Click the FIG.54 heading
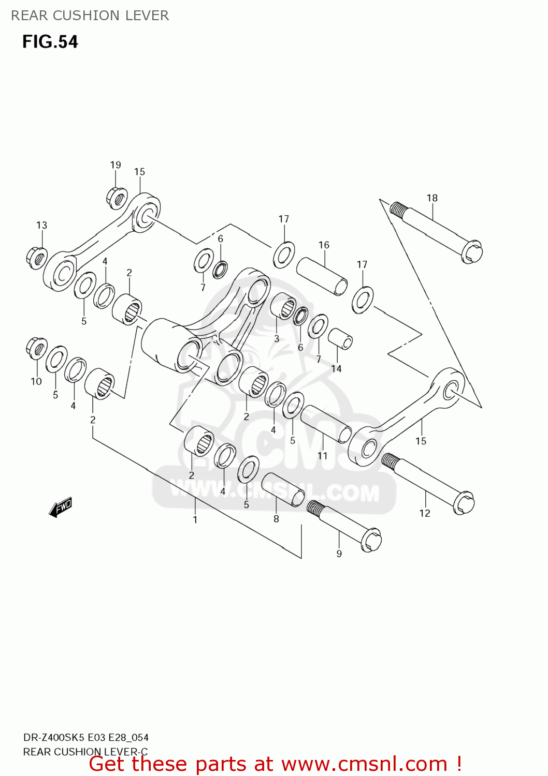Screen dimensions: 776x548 pyautogui.click(x=50, y=42)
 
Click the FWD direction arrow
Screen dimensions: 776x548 pyautogui.click(x=61, y=507)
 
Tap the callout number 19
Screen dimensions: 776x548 pyautogui.click(x=115, y=165)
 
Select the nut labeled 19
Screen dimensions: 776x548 pyautogui.click(x=117, y=198)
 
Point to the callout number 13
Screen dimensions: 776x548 pyautogui.click(x=41, y=225)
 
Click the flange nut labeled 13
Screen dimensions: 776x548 pyautogui.click(x=36, y=258)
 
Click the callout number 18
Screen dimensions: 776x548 pyautogui.click(x=432, y=198)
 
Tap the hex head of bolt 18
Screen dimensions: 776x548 pyautogui.click(x=472, y=252)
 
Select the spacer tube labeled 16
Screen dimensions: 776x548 pyautogui.click(x=322, y=276)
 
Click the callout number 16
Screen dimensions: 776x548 pyautogui.click(x=324, y=245)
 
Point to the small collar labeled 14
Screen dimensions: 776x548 pyautogui.click(x=340, y=339)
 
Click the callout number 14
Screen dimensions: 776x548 pyautogui.click(x=336, y=368)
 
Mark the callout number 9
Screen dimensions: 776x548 pyautogui.click(x=339, y=554)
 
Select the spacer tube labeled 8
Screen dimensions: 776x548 pyautogui.click(x=283, y=489)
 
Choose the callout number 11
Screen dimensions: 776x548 pyautogui.click(x=322, y=456)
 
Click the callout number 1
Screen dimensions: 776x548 pyautogui.click(x=195, y=519)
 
